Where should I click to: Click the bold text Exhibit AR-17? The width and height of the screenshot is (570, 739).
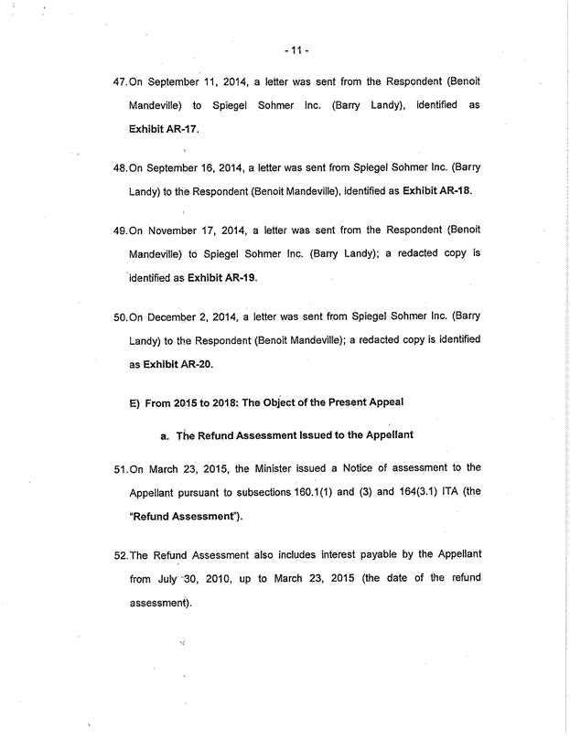[164, 130]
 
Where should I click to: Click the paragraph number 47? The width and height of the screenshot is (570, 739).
[120, 82]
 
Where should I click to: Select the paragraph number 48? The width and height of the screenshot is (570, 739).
[120, 168]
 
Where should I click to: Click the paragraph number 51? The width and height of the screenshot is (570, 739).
[120, 468]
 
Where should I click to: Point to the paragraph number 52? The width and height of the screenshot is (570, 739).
[120, 554]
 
